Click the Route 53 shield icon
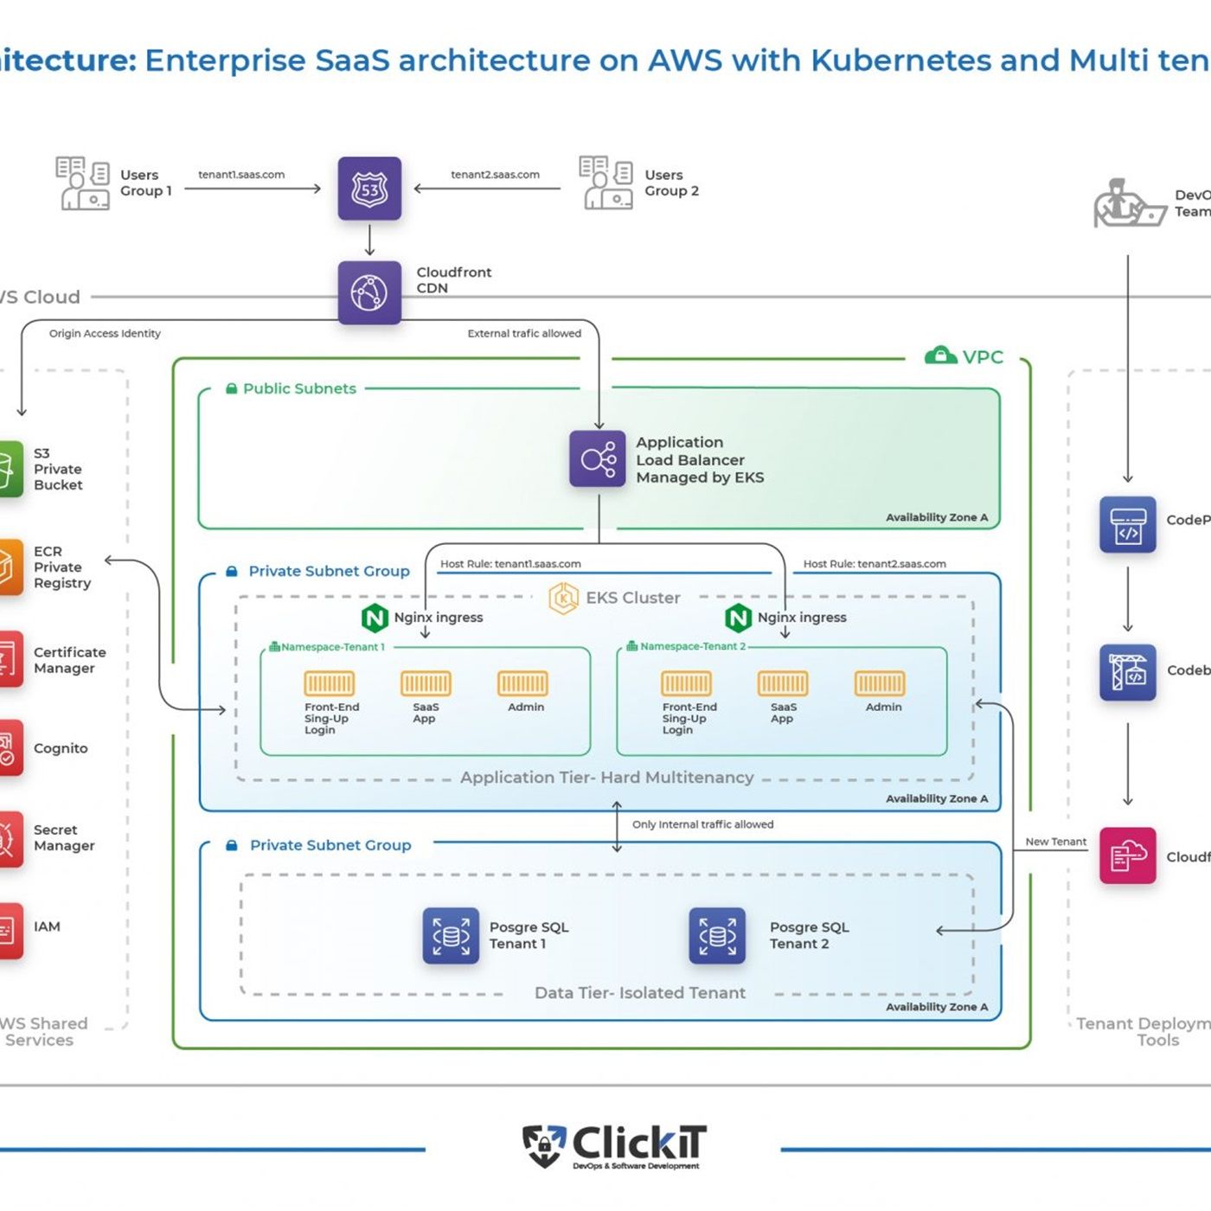click(x=369, y=189)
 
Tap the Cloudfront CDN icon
click(x=369, y=292)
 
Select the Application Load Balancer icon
click(x=597, y=458)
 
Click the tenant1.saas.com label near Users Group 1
click(x=241, y=175)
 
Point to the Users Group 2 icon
click(x=605, y=183)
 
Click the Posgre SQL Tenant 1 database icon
click(x=451, y=936)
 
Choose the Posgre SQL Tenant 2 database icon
click(x=717, y=936)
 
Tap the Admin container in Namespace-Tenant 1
click(x=522, y=683)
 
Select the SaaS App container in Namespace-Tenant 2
click(x=783, y=683)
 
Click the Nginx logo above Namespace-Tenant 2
click(x=738, y=618)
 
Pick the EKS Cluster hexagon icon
click(x=564, y=598)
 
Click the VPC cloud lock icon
click(x=940, y=356)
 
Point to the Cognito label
click(x=61, y=748)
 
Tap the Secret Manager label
click(x=64, y=837)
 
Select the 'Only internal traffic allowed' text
click(x=702, y=824)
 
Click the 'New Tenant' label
click(x=1055, y=842)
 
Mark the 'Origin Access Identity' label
click(x=105, y=333)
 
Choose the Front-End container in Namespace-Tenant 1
click(x=329, y=683)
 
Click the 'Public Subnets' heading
click(x=299, y=388)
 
